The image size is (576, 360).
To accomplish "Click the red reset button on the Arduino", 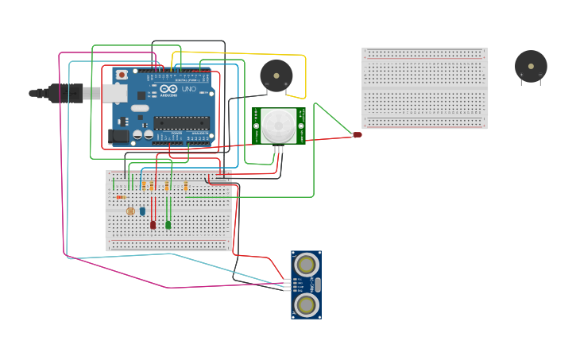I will (x=122, y=75).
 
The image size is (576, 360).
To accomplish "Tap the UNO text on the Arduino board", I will (x=188, y=90).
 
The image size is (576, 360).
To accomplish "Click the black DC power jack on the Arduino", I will (x=118, y=136).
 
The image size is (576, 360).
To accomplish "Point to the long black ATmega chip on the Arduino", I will (x=181, y=122).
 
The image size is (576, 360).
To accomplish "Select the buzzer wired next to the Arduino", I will (x=276, y=76).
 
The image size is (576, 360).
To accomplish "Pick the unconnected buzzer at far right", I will (x=530, y=66).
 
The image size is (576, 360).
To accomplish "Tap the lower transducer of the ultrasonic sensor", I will (x=306, y=304).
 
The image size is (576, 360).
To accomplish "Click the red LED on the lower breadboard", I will (x=153, y=225).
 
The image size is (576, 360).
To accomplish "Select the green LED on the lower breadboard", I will (x=168, y=225).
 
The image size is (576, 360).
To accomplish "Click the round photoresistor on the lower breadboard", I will (x=130, y=211).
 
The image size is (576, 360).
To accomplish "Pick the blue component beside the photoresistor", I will (x=142, y=211).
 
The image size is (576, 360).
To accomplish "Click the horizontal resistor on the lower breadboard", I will (x=120, y=197).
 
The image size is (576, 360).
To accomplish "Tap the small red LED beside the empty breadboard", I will (x=358, y=135).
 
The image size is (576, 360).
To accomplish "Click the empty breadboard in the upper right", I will (x=424, y=87).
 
